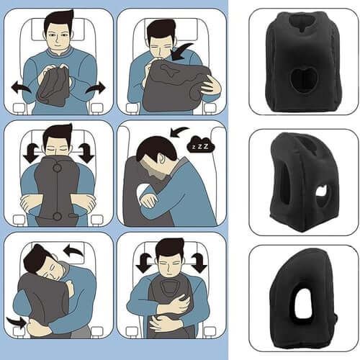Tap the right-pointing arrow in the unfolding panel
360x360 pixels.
(95, 87)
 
